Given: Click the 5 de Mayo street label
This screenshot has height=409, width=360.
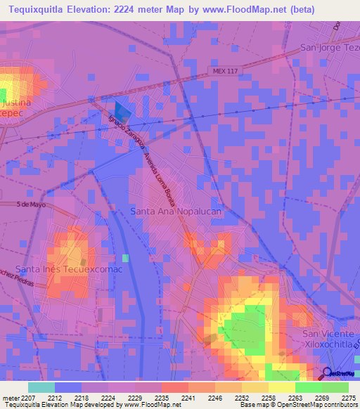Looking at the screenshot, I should (31, 204).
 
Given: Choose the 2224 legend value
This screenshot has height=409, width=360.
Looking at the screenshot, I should (109, 398).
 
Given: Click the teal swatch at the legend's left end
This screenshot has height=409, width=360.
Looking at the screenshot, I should (41, 387).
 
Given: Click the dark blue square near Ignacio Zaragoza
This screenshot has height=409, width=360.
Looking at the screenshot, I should (122, 111).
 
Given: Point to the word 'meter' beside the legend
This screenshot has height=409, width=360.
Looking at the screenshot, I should (11, 398).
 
